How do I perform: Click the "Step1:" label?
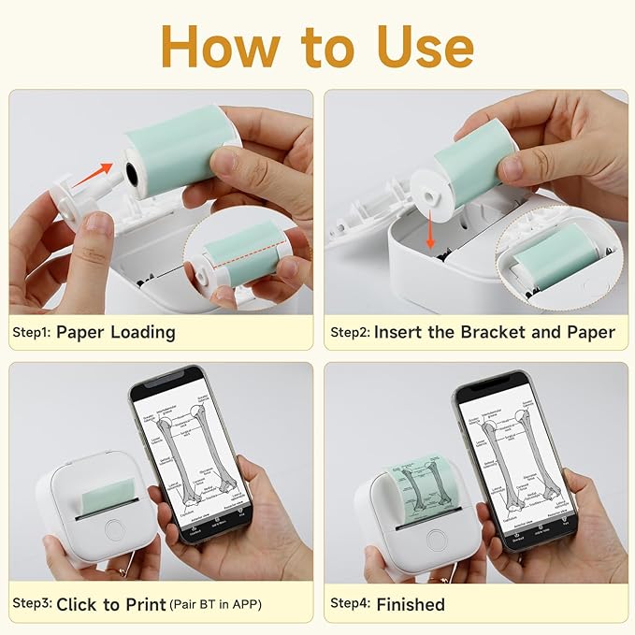(x=32, y=332)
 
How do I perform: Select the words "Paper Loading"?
(x=116, y=332)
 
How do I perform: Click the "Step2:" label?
(x=350, y=332)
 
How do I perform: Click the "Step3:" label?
(x=32, y=604)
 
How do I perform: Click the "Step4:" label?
(x=350, y=604)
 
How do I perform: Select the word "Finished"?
(x=411, y=604)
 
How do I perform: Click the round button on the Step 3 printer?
(x=115, y=529)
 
